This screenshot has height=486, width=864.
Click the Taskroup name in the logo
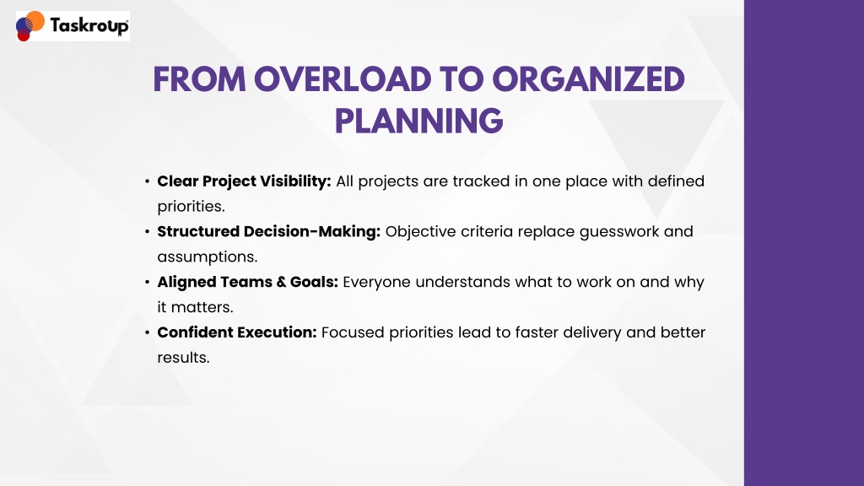click(89, 26)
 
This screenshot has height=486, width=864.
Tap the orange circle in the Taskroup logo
click(35, 20)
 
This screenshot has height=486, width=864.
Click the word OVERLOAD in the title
click(343, 79)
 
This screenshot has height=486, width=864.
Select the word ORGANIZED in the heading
click(588, 79)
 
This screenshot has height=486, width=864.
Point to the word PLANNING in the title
click(418, 121)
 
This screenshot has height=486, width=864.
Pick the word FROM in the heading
click(199, 79)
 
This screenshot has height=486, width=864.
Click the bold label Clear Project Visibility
click(244, 181)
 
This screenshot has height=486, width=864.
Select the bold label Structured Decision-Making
click(269, 231)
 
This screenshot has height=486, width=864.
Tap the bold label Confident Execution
click(237, 332)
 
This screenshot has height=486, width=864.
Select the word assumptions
click(208, 257)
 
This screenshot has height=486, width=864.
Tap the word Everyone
click(377, 283)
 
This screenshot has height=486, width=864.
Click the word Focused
click(353, 332)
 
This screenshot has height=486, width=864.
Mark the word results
click(183, 358)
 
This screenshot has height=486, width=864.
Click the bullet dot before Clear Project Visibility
click(147, 181)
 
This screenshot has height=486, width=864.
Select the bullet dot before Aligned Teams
click(147, 282)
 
